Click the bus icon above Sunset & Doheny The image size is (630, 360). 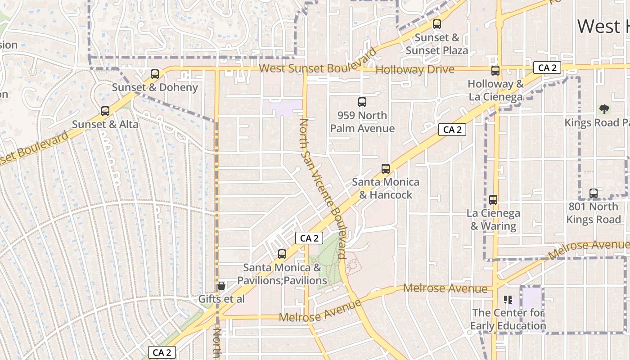[x=155, y=74]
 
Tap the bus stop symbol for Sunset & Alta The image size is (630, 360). [x=105, y=111]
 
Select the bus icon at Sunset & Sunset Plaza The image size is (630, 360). [x=436, y=24]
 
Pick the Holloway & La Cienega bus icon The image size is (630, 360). [x=495, y=71]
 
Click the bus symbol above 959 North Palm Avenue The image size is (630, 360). [x=362, y=102]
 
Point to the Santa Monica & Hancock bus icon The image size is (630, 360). [x=386, y=169]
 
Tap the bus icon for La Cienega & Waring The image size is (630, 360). [x=493, y=200]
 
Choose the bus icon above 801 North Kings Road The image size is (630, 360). [x=594, y=193]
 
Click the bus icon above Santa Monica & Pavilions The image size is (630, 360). [x=282, y=254]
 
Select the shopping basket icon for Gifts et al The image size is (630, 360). [x=221, y=286]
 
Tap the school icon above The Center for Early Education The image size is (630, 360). [x=508, y=299]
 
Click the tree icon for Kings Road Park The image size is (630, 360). [x=604, y=109]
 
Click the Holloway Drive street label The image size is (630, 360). [x=414, y=70]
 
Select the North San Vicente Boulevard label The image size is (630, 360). [x=323, y=189]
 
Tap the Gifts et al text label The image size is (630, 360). [x=221, y=299]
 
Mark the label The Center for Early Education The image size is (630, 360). [x=508, y=319]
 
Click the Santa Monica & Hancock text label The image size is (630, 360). [x=386, y=188]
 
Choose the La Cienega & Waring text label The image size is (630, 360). [x=493, y=220]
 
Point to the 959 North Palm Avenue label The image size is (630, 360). [x=362, y=122]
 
